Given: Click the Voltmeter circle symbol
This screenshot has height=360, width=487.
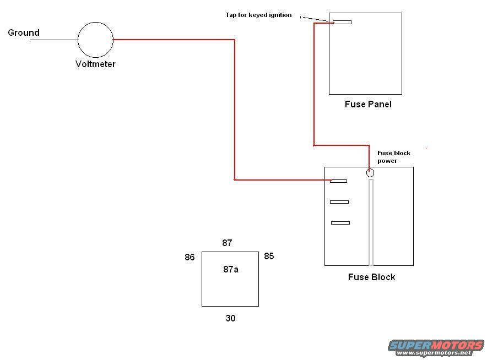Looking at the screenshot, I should [95, 40].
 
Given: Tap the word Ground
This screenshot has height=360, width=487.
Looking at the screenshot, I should [24, 32].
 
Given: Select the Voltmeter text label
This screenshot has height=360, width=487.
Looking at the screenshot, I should [95, 64].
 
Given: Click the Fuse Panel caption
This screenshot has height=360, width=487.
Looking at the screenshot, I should [368, 104].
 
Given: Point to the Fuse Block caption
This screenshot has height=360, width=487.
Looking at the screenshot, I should [371, 277].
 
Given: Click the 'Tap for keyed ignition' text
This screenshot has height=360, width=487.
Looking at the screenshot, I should [258, 15].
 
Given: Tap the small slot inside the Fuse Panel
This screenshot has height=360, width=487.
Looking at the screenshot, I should [342, 23].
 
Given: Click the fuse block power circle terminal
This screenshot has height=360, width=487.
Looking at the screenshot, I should [370, 173].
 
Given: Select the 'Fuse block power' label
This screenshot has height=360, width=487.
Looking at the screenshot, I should [393, 157].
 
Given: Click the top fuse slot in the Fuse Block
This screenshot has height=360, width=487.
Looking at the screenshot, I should [338, 181].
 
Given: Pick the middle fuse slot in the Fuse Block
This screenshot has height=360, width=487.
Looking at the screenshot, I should [339, 202].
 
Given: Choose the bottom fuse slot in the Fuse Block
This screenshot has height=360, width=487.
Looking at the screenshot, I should [340, 223].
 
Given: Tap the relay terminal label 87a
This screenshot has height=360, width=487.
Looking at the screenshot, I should [231, 269].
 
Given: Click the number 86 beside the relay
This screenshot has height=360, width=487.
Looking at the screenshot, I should [190, 257].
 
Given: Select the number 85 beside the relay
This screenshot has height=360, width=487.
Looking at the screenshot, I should [269, 256].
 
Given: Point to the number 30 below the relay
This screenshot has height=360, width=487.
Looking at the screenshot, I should [230, 318].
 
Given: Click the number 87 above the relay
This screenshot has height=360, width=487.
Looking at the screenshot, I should [227, 243].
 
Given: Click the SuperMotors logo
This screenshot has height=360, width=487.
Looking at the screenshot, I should [436, 347].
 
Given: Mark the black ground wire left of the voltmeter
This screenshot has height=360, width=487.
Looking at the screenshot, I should [53, 40].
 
